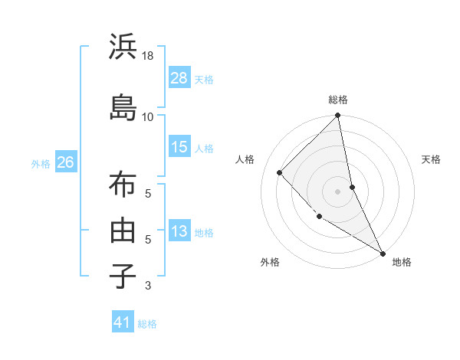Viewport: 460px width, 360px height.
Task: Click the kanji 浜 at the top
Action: tap(123, 47)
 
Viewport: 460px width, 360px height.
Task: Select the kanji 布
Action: tap(123, 185)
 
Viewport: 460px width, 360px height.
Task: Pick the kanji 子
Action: tap(123, 275)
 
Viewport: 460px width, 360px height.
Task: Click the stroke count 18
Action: tap(149, 56)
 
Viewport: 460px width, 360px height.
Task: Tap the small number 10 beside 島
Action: tap(148, 116)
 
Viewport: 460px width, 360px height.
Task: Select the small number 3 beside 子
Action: tap(148, 286)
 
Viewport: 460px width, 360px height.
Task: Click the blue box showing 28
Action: tap(179, 78)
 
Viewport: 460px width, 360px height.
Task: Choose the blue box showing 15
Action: tap(179, 147)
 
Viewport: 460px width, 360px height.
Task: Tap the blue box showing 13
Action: tap(179, 231)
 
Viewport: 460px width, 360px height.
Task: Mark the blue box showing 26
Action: tap(65, 162)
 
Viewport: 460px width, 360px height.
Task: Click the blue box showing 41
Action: tap(123, 323)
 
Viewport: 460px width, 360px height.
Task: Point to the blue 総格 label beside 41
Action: tap(147, 324)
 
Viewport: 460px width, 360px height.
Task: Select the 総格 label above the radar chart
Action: tap(338, 100)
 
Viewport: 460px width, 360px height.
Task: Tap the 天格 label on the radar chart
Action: tap(432, 159)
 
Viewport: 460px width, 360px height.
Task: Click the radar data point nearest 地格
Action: tap(381, 252)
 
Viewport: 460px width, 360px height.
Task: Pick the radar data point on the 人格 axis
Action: tap(280, 172)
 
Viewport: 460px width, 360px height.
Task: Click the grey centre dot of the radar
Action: tap(337, 191)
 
